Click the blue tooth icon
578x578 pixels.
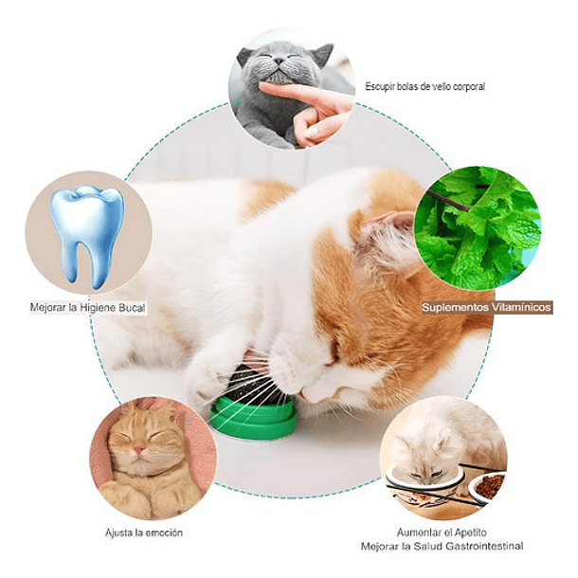[x=86, y=234]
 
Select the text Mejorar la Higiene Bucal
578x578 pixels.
[x=87, y=308]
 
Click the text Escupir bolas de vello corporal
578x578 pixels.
[x=424, y=86]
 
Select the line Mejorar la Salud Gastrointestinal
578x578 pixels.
[x=441, y=547]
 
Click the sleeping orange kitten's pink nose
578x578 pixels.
[x=140, y=447]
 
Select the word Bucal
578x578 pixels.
[x=130, y=308]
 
